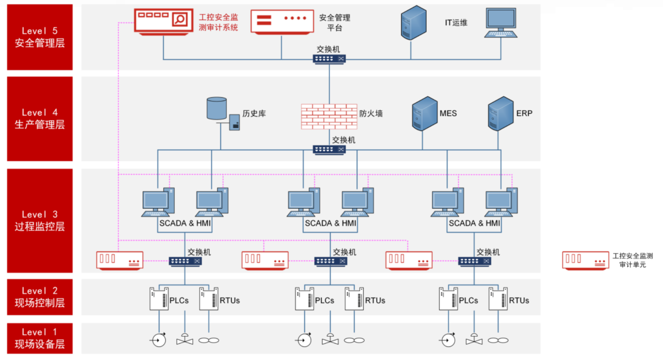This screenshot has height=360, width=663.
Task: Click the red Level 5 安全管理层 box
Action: tap(40, 37)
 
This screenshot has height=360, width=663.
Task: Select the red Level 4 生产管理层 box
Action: tap(40, 119)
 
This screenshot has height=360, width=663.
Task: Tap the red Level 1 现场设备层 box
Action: tap(40, 338)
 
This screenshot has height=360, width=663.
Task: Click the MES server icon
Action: tap(424, 114)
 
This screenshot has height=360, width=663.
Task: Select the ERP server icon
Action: tap(500, 114)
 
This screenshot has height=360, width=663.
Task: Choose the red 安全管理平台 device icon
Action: tap(281, 21)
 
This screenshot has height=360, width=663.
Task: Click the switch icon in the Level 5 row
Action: tap(329, 59)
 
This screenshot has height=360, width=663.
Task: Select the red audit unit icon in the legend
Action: tap(585, 260)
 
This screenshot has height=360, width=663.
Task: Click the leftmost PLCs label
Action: tap(180, 300)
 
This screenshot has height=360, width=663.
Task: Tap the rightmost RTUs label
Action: tap(519, 300)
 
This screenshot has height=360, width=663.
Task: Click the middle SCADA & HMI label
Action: tap(330, 223)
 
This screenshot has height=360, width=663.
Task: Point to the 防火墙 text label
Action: tap(371, 114)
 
